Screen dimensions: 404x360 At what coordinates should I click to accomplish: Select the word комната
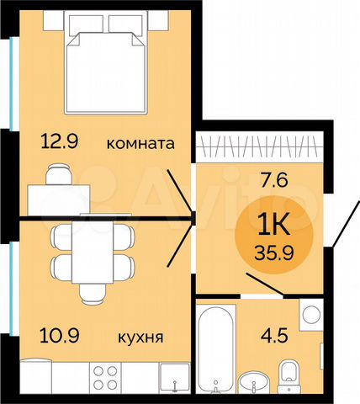(140, 144)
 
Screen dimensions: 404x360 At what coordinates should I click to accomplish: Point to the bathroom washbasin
(254, 380)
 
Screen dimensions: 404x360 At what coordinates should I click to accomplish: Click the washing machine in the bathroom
(310, 316)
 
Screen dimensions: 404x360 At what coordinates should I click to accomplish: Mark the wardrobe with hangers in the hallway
(257, 148)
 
